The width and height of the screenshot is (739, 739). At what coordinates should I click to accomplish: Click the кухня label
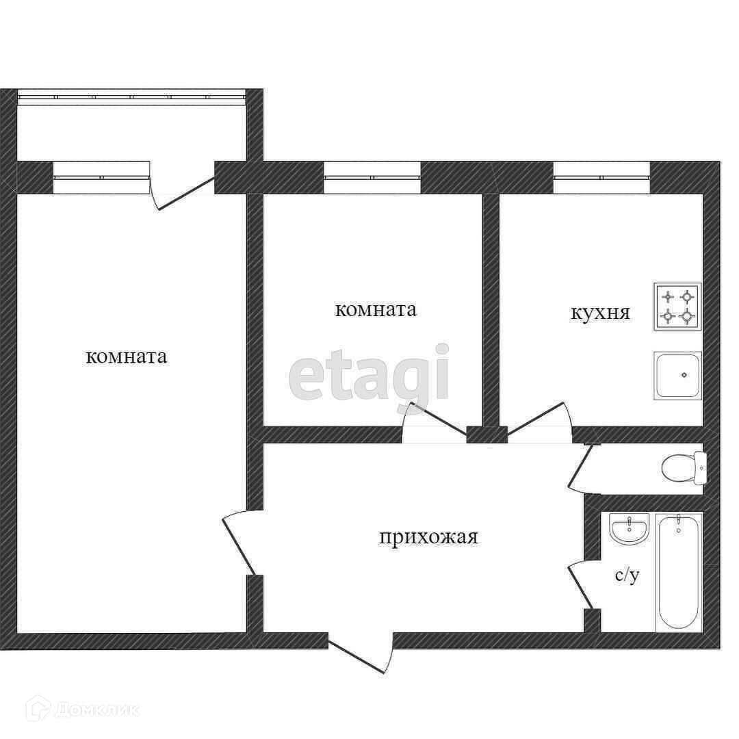(x=600, y=313)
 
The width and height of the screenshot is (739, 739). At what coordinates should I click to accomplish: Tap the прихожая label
(x=428, y=537)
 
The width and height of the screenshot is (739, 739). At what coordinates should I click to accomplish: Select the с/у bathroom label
(x=627, y=575)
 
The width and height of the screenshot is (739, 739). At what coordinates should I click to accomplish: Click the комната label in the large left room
(x=127, y=356)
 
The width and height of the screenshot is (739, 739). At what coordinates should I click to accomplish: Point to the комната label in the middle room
(x=376, y=310)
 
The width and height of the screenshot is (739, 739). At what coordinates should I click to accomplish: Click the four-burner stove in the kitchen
(x=677, y=307)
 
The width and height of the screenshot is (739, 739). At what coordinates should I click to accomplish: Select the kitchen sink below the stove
(x=677, y=376)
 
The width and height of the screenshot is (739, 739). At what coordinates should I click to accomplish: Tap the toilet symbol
(x=684, y=467)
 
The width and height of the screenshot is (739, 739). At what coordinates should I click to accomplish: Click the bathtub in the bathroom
(x=679, y=572)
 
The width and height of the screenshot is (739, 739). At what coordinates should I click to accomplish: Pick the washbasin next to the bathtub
(x=630, y=529)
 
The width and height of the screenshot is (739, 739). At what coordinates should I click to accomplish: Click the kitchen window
(x=602, y=178)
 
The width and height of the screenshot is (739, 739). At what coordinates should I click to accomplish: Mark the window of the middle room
(x=372, y=178)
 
